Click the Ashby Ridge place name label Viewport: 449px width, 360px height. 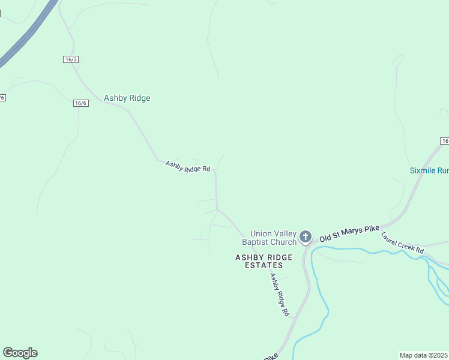[x=127, y=98]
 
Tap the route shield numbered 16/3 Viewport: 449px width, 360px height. [x=71, y=59]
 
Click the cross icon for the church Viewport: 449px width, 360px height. [x=306, y=237]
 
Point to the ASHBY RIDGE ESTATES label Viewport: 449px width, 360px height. [x=264, y=261]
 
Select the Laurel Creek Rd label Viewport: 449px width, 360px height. [x=402, y=241]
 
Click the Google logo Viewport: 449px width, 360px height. [x=20, y=353]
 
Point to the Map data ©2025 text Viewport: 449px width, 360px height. [x=423, y=355]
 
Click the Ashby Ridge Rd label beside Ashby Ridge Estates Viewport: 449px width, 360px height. [x=279, y=295]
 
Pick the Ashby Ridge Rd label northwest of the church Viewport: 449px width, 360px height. [x=188, y=166]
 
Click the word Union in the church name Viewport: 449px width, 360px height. [x=261, y=233]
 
